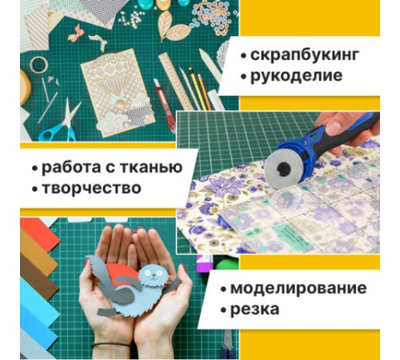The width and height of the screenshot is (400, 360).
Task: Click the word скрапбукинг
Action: [305, 56]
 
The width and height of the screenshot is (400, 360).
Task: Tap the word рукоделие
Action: [296, 77]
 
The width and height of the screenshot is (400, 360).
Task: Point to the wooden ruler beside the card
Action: [177, 80]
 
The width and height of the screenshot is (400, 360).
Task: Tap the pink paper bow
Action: [78, 33]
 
